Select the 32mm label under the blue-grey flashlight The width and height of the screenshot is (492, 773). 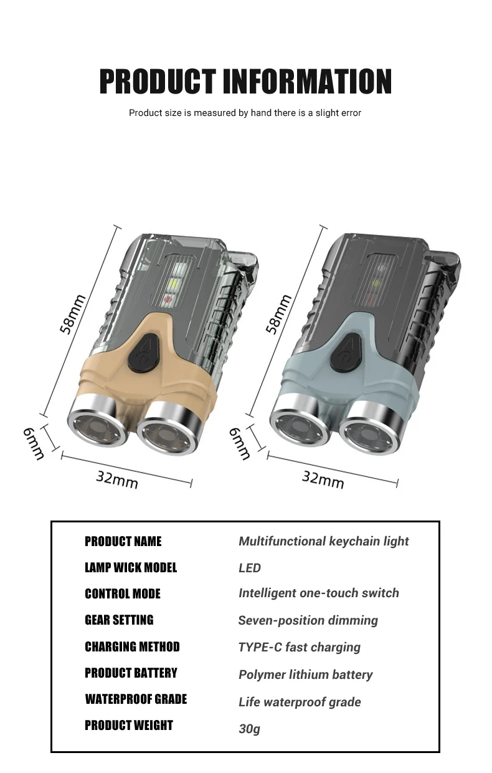coord(323,479)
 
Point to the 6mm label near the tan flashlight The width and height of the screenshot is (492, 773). coord(33,443)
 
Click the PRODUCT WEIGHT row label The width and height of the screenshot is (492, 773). coord(129,726)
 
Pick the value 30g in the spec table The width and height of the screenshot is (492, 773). coord(250,728)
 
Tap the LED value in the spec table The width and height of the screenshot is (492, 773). coord(250,568)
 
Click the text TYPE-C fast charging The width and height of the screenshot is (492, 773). coord(299,647)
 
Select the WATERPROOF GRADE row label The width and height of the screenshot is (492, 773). coord(136,699)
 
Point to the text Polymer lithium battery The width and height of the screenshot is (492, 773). coord(305,675)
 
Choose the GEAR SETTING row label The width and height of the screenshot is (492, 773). coord(119,620)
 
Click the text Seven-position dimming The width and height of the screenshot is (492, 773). coord(308,620)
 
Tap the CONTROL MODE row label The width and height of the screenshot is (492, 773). coord(123,594)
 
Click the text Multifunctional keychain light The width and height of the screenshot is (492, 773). coord(324,541)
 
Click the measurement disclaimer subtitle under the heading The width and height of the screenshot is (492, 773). coord(245,113)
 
